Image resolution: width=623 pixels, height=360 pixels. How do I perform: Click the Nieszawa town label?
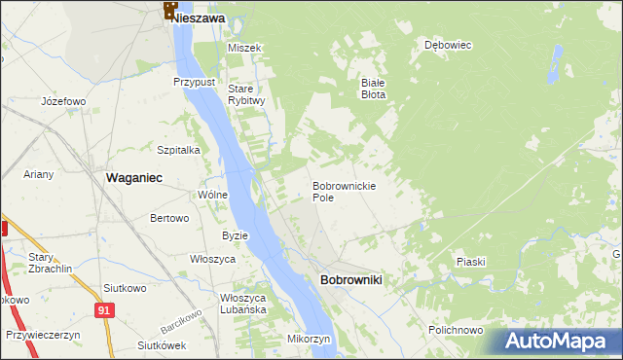(x=201, y=18)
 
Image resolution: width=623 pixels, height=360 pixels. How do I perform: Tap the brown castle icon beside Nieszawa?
(x=170, y=11)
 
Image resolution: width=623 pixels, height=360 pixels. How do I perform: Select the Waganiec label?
(x=133, y=177)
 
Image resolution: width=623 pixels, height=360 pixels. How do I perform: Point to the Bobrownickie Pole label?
(x=344, y=191)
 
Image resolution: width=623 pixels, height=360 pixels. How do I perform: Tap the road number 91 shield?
(x=103, y=309)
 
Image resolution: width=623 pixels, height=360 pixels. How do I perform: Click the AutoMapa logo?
(x=561, y=342)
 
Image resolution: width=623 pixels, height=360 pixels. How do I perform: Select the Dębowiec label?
(x=448, y=45)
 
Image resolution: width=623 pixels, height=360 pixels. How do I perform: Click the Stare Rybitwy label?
(x=246, y=94)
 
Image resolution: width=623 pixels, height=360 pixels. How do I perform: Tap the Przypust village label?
(x=194, y=83)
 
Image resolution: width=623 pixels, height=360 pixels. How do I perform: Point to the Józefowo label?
(x=64, y=101)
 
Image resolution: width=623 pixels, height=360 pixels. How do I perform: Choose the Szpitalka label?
(x=178, y=150)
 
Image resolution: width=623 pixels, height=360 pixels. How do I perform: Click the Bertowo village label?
(x=169, y=218)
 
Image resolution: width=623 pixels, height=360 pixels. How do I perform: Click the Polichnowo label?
(x=456, y=330)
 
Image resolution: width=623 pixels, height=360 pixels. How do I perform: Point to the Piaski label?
(x=470, y=262)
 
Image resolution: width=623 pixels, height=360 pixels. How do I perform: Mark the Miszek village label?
(x=245, y=48)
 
